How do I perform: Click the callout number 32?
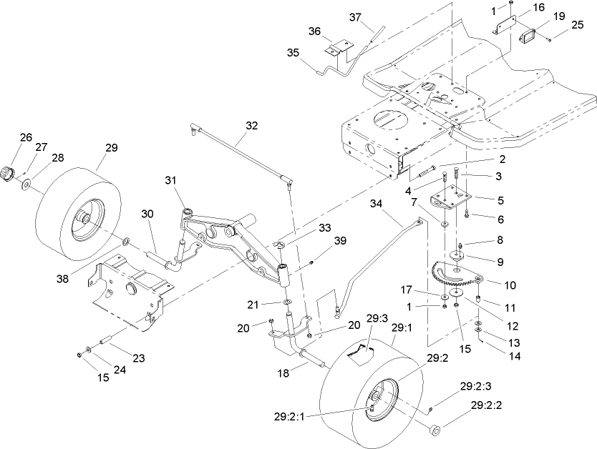coord(251,124)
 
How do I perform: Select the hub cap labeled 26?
coord(9,172)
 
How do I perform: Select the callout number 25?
coord(577,25)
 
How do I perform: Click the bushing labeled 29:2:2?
coord(433,430)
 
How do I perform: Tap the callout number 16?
coord(538,7)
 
